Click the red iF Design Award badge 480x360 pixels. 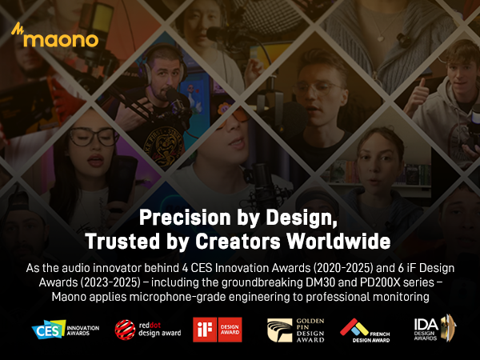point(218,328)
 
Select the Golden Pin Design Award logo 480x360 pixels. point(294,328)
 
